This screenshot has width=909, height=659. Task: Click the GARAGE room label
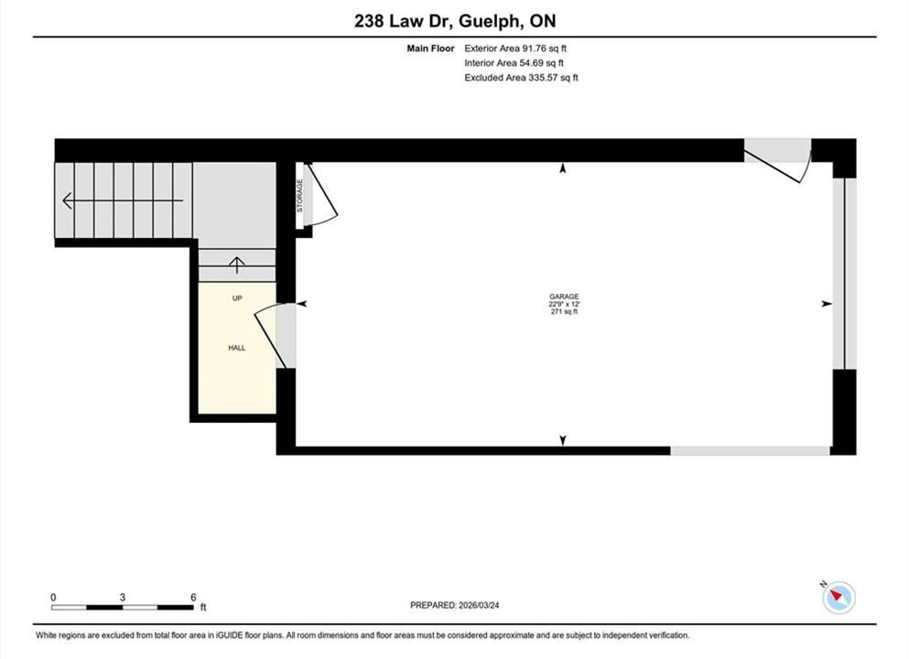pos(564,297)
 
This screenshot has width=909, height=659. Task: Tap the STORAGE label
pos(299,195)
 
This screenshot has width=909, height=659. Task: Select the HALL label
pos(236,348)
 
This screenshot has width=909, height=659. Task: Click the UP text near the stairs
pos(237,297)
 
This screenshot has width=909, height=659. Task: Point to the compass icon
pos(839,597)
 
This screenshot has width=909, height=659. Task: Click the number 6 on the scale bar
pos(194,597)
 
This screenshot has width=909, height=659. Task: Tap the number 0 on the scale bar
pos(53,597)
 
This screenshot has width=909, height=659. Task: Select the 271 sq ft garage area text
pos(564,311)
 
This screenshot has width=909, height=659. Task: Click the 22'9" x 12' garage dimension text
pos(564,304)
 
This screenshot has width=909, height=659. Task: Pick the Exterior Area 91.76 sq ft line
pos(515,49)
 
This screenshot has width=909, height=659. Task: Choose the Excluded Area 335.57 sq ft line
pos(521,78)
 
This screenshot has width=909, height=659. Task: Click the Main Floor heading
pos(430,49)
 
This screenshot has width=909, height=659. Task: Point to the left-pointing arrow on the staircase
pos(123,200)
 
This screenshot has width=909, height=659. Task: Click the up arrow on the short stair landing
pos(236,265)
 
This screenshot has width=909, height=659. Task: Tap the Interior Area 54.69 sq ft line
pos(514,63)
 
